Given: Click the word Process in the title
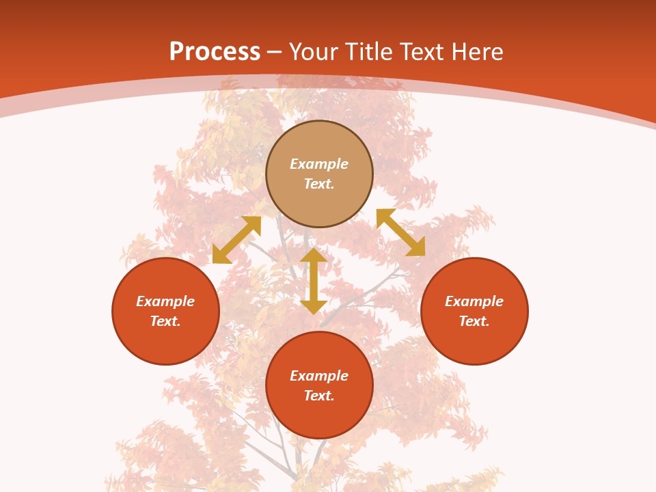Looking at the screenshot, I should click(x=215, y=52).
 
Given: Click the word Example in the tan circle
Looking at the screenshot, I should click(x=319, y=164).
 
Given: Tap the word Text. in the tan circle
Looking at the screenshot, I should click(x=319, y=184).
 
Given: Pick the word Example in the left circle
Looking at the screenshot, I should click(x=165, y=301).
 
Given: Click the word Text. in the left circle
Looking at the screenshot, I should click(x=165, y=321).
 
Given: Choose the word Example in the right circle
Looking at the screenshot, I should click(x=474, y=301).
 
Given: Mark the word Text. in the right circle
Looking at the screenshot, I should click(x=474, y=321).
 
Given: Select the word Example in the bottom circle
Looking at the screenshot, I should click(x=319, y=376).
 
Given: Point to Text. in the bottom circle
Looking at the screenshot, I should click(x=319, y=396).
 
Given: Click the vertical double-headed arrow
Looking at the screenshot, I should click(x=314, y=281).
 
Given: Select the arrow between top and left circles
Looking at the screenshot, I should click(x=236, y=240).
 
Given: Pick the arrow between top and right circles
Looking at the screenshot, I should click(x=401, y=232).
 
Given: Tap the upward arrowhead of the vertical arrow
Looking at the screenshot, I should click(x=314, y=255).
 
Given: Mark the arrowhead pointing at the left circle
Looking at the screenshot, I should click(x=220, y=256).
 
